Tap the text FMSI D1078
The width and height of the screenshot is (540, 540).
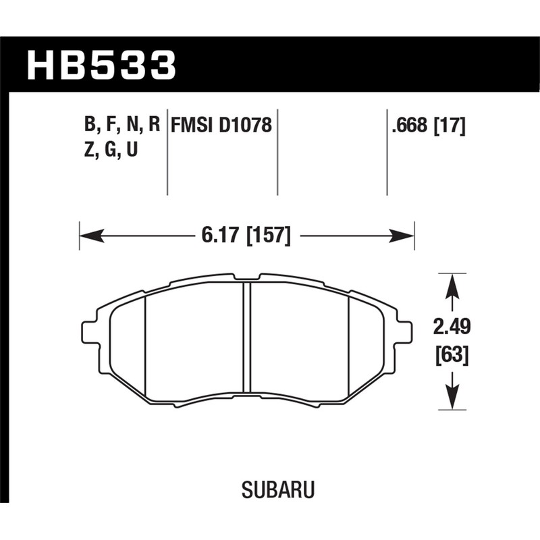pyautogui.click(x=221, y=126)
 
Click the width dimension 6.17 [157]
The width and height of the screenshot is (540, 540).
pyautogui.click(x=246, y=236)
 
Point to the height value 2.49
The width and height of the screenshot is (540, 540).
pyautogui.click(x=452, y=329)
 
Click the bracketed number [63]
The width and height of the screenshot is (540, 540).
pyautogui.click(x=452, y=354)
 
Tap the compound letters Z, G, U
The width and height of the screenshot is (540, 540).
pyautogui.click(x=111, y=151)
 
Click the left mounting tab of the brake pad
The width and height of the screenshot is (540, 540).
pyautogui.click(x=89, y=332)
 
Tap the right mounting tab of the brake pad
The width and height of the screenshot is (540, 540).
pyautogui.click(x=404, y=332)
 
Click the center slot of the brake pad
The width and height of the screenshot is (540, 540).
pyautogui.click(x=246, y=337)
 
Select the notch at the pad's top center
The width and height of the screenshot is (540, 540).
pyautogui.click(x=247, y=277)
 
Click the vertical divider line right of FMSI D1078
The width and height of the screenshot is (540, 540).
pyautogui.click(x=277, y=152)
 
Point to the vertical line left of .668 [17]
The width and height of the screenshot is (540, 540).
pyautogui.click(x=387, y=152)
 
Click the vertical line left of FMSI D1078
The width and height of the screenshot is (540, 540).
pyautogui.click(x=167, y=152)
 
